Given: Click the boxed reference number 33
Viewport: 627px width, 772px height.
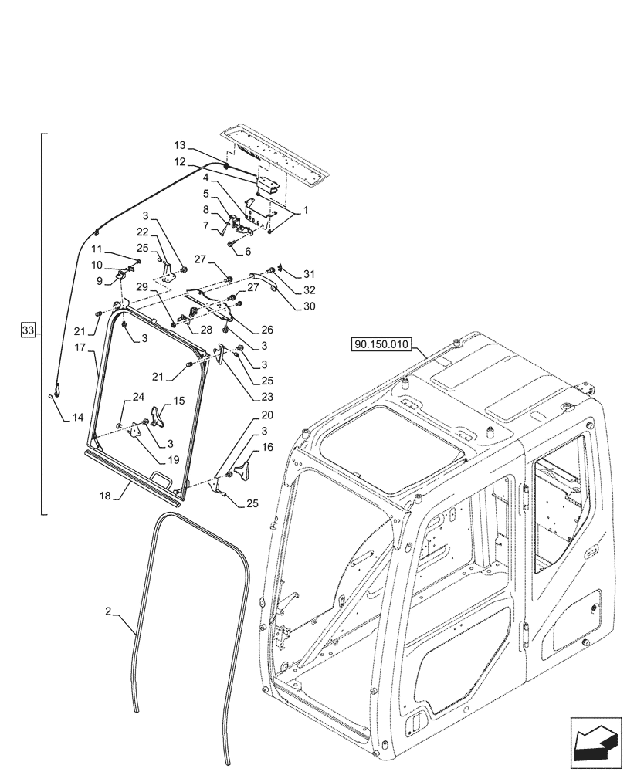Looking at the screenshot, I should tap(29, 331).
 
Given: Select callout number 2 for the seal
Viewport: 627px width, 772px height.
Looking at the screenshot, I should tap(110, 611).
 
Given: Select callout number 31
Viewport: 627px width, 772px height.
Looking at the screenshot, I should tap(310, 275).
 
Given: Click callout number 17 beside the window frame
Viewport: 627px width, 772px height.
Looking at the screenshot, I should tap(80, 348).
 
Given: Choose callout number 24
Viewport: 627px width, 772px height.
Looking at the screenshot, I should tap(138, 397).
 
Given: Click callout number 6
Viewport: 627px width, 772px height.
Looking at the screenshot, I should tap(248, 251).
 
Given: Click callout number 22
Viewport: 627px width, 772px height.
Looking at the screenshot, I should tap(144, 232).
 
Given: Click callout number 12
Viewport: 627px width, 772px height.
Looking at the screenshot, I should tap(179, 162).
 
